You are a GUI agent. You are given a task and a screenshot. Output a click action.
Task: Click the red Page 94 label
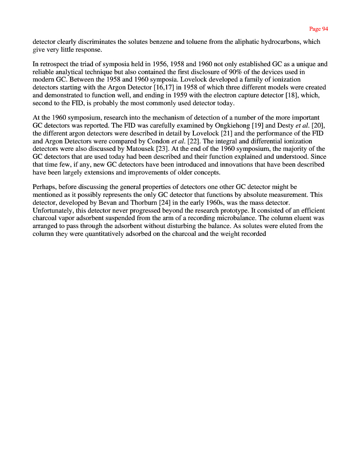318,29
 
